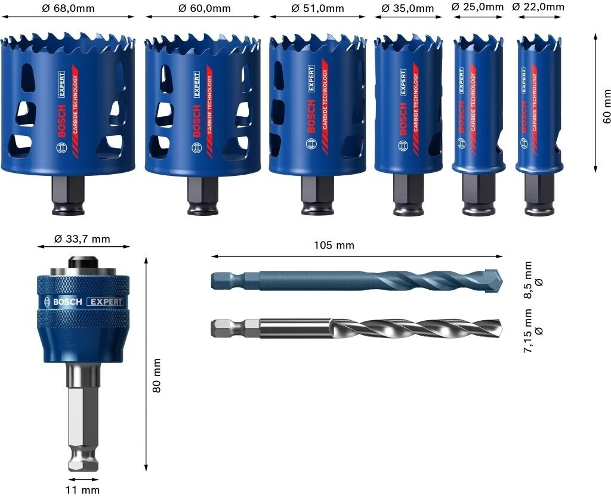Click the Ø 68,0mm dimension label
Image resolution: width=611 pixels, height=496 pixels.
coord(68,8)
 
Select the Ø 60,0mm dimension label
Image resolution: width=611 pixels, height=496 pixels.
coord(205,8)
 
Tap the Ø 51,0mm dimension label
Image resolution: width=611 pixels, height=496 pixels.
coord(317,8)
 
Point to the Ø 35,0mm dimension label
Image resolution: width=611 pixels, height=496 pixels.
coord(408,8)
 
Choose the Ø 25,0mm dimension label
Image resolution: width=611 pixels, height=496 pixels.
coord(477,7)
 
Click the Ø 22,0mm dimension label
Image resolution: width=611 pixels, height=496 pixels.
coord(538,7)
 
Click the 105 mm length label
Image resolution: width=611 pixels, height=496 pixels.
coord(334,245)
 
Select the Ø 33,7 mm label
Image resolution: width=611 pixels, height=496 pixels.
coord(82,238)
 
